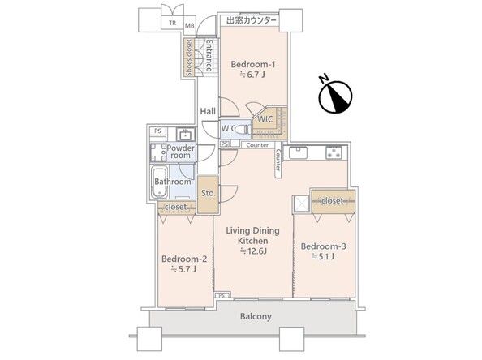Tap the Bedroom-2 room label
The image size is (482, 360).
click(184, 259)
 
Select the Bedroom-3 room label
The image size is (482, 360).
click(324, 246)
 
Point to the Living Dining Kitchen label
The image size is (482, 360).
click(253, 236)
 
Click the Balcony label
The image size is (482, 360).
click(256, 316)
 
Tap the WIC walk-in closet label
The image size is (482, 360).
click(265, 119)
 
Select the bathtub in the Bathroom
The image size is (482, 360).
click(159, 182)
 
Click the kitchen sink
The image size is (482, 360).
click(298, 153)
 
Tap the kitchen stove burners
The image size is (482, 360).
click(334, 152)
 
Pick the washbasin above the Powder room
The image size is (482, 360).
click(186, 135)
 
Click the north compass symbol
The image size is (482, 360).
click(335, 96)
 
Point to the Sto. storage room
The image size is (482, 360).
click(208, 194)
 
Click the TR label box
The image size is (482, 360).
click(173, 23)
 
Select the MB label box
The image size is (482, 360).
click(189, 25)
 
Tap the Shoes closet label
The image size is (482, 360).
click(189, 58)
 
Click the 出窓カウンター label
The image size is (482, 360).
click(252, 20)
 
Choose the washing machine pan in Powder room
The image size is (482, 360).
click(158, 153)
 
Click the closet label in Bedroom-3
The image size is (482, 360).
click(333, 201)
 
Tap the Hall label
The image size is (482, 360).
click(208, 111)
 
